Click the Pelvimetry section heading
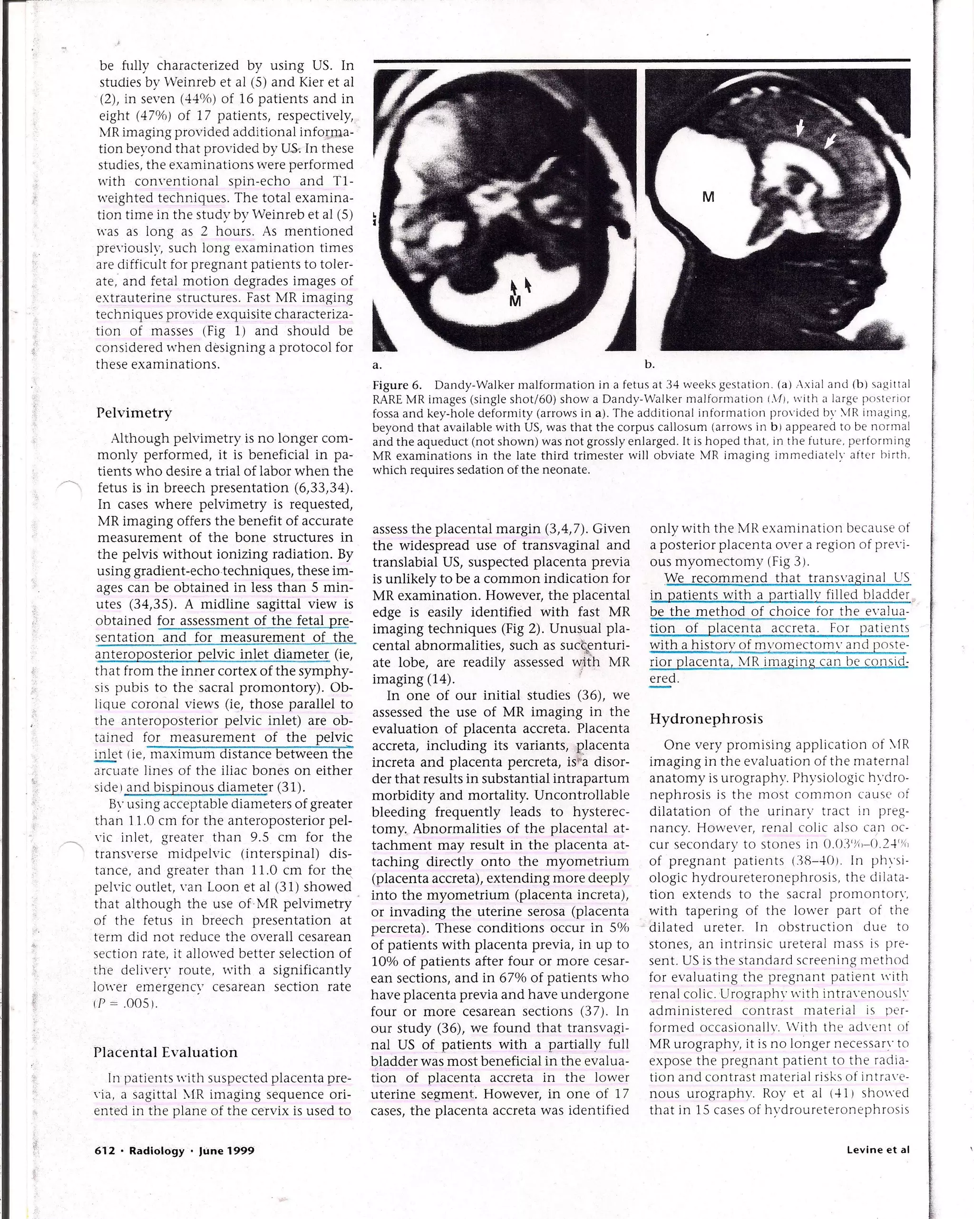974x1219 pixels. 134,413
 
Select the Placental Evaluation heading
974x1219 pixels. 165,1052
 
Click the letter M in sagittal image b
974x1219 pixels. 708,197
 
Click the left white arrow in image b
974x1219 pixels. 800,128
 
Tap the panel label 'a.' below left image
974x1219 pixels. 377,365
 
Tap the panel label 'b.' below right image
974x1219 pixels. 650,365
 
